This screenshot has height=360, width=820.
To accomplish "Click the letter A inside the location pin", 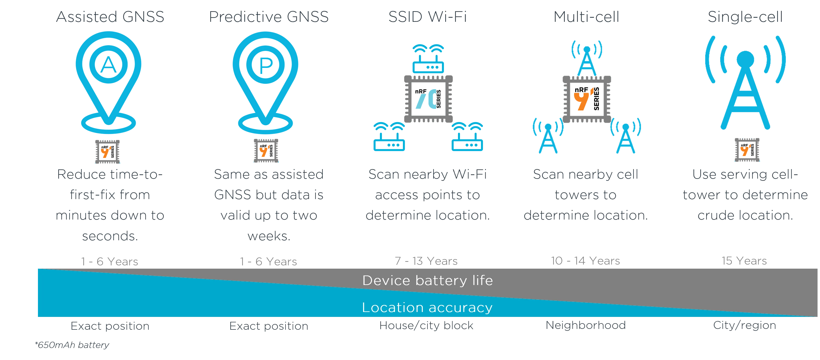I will pyautogui.click(x=109, y=64).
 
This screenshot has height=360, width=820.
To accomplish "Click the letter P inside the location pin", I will pyautogui.click(x=266, y=65).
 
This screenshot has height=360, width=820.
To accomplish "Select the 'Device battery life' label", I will pyautogui.click(x=427, y=280).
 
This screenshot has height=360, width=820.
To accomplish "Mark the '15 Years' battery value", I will pyautogui.click(x=744, y=262).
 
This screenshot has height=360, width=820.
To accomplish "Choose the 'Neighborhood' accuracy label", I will pyautogui.click(x=586, y=325).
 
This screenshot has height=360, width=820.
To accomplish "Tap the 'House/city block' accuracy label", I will pyautogui.click(x=427, y=325).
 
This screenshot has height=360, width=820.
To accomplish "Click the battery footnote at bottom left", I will pyautogui.click(x=73, y=345).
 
